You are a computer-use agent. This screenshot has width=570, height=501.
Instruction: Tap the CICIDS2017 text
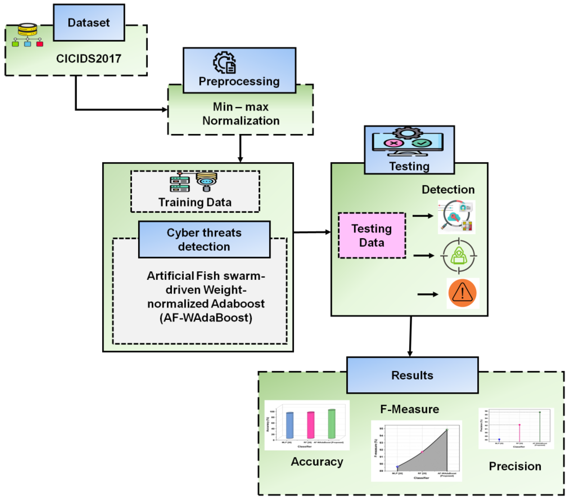[x=89, y=59]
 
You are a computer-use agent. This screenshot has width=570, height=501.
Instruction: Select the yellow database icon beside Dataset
[x=27, y=29]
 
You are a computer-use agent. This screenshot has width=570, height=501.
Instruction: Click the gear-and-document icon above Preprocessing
[x=225, y=63]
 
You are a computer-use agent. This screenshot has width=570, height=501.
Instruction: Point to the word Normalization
[x=241, y=121]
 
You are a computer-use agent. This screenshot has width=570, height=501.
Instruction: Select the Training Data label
[x=195, y=202]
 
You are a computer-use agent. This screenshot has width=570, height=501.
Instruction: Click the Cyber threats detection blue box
[x=204, y=239]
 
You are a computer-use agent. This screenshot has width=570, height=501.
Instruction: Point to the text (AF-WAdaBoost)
[x=206, y=318]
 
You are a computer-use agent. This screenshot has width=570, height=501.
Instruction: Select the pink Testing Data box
[x=372, y=235]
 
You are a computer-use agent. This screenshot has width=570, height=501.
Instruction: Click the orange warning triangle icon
[x=462, y=293]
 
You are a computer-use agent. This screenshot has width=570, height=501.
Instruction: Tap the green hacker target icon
[x=459, y=255]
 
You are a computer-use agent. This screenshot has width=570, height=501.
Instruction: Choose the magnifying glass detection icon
[x=456, y=216]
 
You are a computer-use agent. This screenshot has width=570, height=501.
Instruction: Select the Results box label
[x=412, y=375]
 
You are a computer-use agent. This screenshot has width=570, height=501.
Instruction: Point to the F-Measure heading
[x=409, y=409]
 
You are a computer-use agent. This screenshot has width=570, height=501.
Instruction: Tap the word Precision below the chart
[x=515, y=466]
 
